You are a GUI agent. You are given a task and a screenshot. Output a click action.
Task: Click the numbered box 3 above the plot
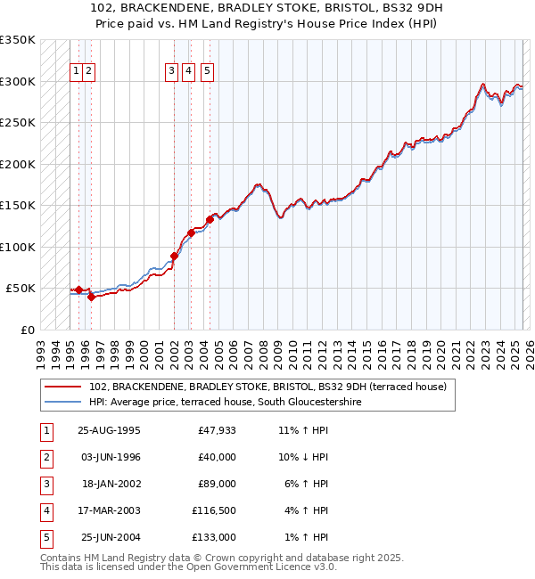[x=171, y=73]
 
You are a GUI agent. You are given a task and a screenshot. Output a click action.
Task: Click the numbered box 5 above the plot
[x=207, y=73]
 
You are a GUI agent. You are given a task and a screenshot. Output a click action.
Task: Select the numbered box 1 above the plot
[x=77, y=73]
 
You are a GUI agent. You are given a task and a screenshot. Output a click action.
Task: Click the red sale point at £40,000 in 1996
[x=91, y=297]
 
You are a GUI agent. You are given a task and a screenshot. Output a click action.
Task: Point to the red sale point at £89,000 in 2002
[x=175, y=256]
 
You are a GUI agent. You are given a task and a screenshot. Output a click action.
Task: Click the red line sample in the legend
[x=63, y=387]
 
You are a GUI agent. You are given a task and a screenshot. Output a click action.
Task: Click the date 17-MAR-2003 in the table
[x=110, y=510]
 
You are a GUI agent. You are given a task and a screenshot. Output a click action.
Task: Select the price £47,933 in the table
[x=217, y=430]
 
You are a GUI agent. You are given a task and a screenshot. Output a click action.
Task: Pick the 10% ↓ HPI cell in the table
[x=304, y=457]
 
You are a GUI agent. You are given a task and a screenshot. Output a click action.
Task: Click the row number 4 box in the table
[x=45, y=510]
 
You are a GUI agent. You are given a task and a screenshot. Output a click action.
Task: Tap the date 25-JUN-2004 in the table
[x=110, y=537]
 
